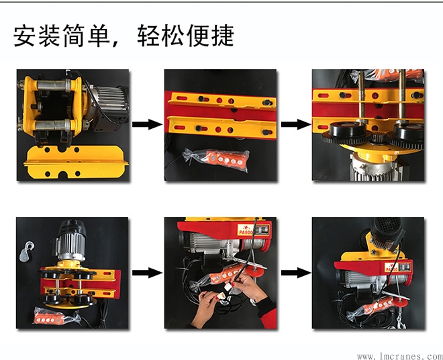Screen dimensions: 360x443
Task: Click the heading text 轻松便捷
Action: coord(185,36)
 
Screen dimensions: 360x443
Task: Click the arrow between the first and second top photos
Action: coord(146,125)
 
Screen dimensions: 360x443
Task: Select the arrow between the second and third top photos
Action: coord(294,125)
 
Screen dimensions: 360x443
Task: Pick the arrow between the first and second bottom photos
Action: coord(146,273)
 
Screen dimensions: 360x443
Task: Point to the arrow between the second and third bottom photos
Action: coord(294,273)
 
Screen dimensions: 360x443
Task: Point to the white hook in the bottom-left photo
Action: coord(28,251)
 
